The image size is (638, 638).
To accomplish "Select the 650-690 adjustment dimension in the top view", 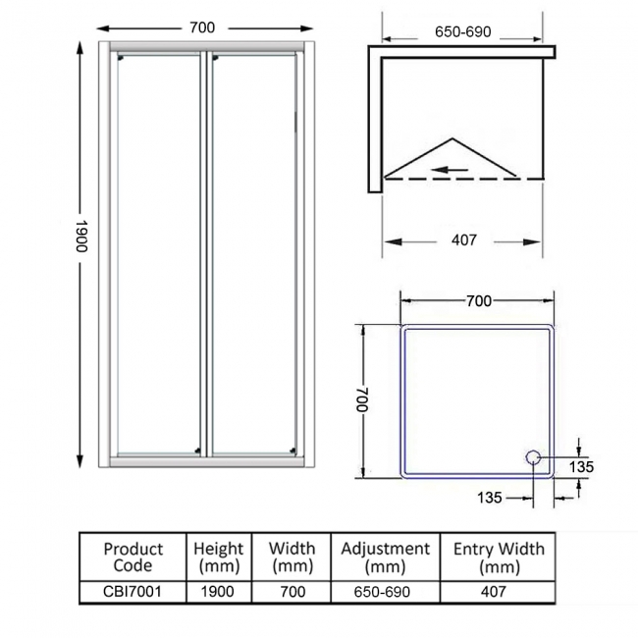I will coord(462,31).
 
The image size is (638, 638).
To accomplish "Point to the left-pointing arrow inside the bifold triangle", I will coord(451,169).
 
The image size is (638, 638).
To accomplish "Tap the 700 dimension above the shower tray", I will coord(478,301).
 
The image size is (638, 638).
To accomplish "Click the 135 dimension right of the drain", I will coord(581,467).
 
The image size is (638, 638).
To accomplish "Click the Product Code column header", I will coord(133,558).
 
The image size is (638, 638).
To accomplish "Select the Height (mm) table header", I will coord(218,558).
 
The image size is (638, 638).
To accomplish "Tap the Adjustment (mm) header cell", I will coord(385,558).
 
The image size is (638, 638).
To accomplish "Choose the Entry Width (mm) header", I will coord(499,558).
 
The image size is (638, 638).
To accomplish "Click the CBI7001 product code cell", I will coord(133,592).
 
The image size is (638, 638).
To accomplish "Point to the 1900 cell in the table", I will coord(218,592).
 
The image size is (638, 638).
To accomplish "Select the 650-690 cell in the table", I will coord(385,592).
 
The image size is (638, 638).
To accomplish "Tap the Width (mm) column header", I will coord(292,558).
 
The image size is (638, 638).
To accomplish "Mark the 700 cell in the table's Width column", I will coord(292,592).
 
